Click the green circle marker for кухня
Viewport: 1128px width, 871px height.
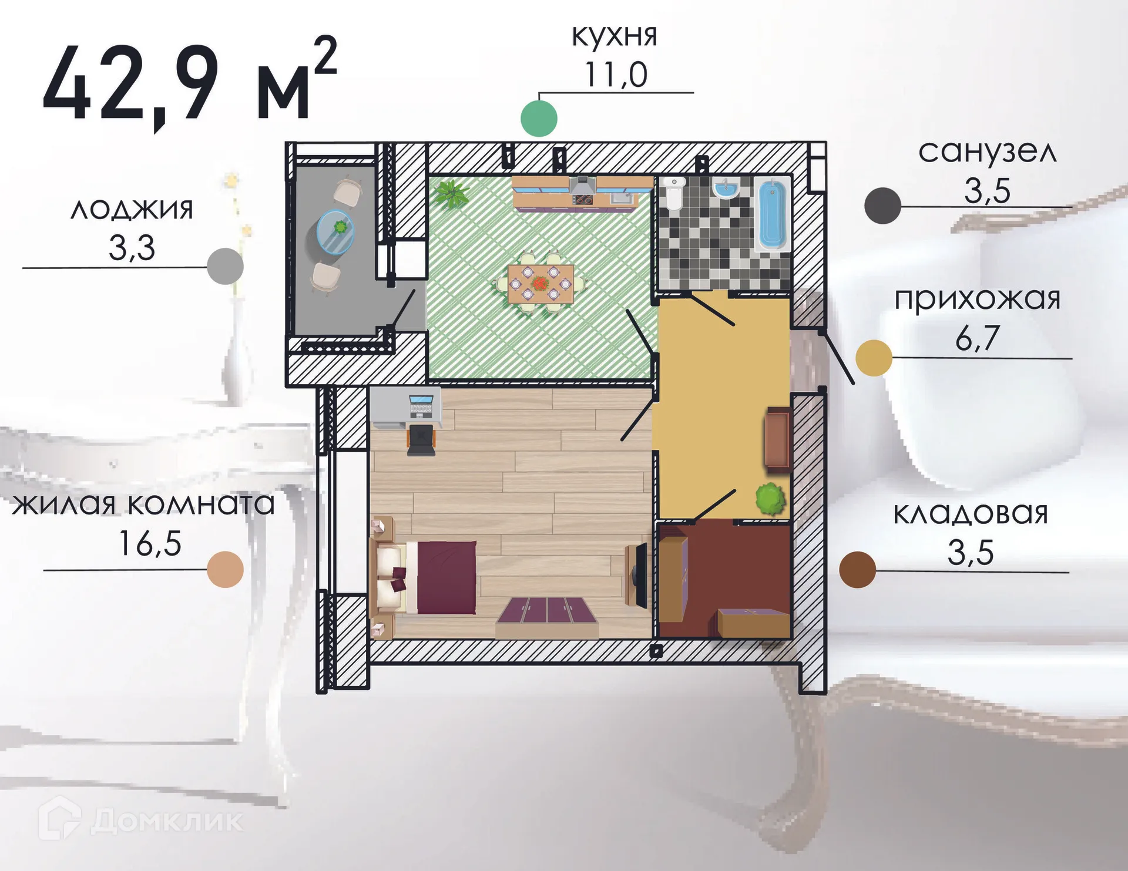pyautogui.click(x=539, y=119)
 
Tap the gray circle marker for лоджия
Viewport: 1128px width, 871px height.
pyautogui.click(x=226, y=267)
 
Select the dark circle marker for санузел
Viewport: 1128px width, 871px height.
pyautogui.click(x=882, y=206)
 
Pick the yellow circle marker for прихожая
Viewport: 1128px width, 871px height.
pyautogui.click(x=874, y=358)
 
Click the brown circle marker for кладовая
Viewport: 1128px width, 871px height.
pyautogui.click(x=857, y=570)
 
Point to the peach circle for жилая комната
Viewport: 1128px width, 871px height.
pyautogui.click(x=226, y=569)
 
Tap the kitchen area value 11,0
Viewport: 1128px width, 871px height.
pyautogui.click(x=616, y=75)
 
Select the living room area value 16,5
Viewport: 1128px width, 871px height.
pyautogui.click(x=150, y=543)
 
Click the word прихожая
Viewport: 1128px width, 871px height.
pyautogui.click(x=977, y=299)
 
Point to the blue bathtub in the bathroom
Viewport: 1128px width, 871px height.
pyautogui.click(x=772, y=216)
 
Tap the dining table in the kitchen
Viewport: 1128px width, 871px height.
pyautogui.click(x=540, y=283)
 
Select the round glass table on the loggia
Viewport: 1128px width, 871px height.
pyautogui.click(x=335, y=231)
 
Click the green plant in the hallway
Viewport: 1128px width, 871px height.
pyautogui.click(x=770, y=498)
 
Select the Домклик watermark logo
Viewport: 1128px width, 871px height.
pyautogui.click(x=141, y=820)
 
